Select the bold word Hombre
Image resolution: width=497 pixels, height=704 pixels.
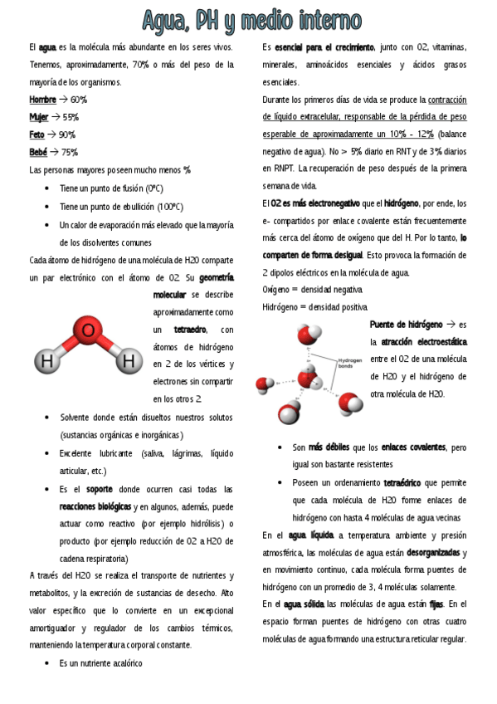pos(42,100)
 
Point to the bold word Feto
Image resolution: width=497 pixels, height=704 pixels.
pos(37,134)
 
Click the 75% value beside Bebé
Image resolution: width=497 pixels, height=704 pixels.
pos(70,152)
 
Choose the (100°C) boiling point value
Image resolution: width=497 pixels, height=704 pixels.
pos(166,207)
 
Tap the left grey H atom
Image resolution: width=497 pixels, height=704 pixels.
pos(47,361)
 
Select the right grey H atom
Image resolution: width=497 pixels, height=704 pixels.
pos(128,361)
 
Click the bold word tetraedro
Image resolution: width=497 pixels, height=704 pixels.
pos(190,330)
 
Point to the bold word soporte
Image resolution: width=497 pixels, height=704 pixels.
pos(99,489)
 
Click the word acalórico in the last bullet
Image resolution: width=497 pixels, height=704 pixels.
pos(122,663)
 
